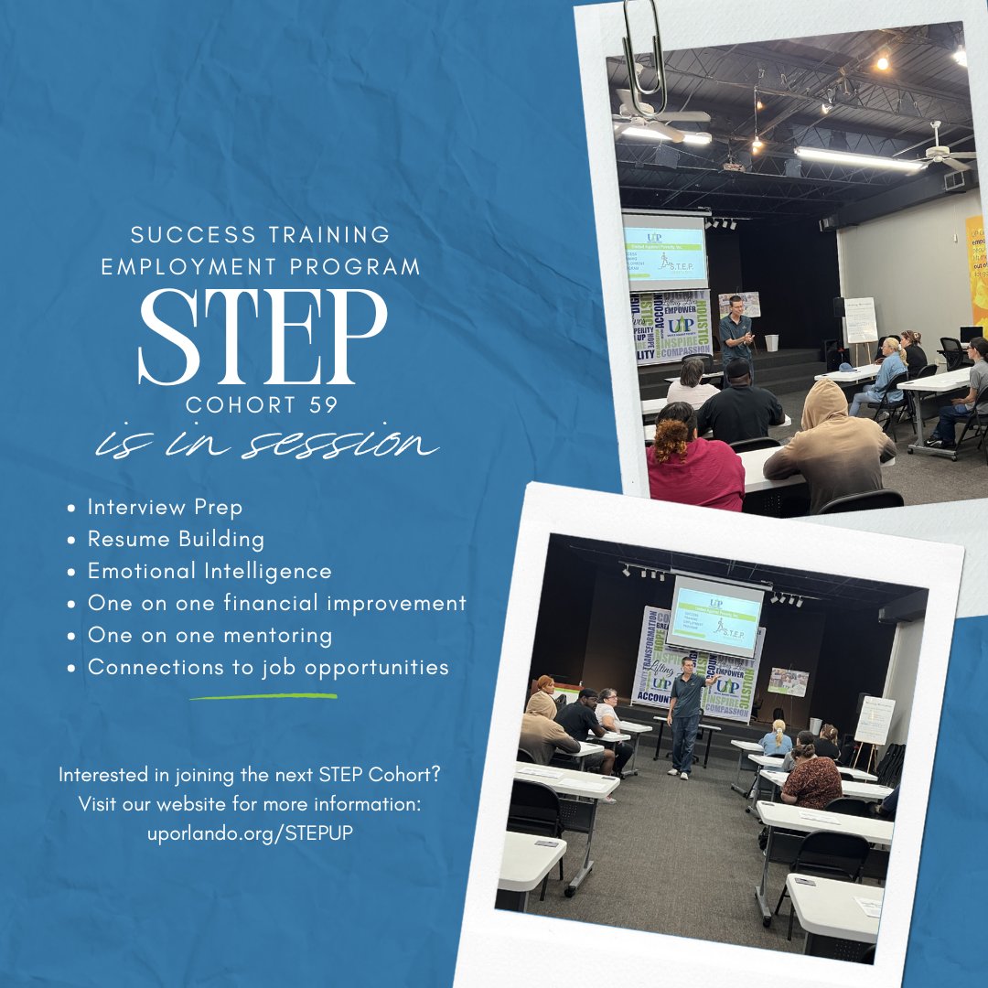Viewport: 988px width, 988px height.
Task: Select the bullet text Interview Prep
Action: [165, 507]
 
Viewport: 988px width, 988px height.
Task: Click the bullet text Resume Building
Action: [176, 539]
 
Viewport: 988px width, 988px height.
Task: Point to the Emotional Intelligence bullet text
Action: [209, 571]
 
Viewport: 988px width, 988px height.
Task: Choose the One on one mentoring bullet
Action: [209, 635]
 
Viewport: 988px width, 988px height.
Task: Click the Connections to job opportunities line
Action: [268, 667]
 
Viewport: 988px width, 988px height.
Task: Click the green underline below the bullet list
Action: [263, 696]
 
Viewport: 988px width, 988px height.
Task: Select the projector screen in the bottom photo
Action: [714, 613]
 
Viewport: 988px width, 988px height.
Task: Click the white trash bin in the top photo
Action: [772, 343]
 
